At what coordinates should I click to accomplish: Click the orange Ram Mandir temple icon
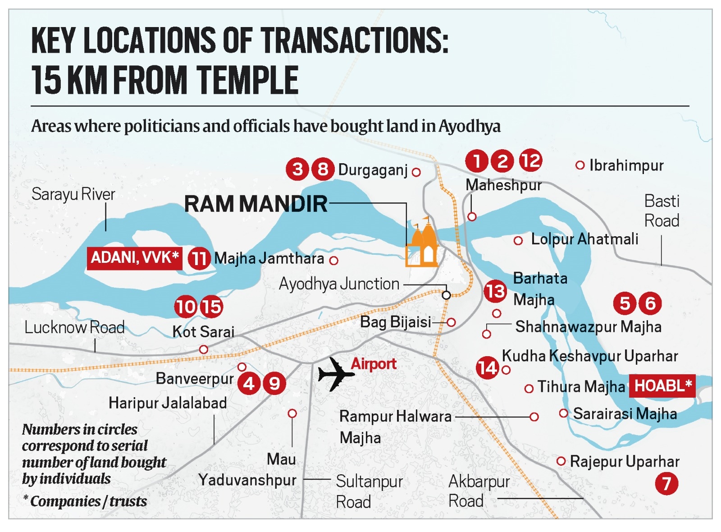pos(422,244)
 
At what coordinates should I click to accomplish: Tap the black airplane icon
pos(335,374)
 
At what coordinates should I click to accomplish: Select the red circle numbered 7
pos(666,484)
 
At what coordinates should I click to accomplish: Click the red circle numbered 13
pos(495,291)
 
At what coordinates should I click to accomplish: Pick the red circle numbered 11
pos(199,258)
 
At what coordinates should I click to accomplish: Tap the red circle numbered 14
pos(488,367)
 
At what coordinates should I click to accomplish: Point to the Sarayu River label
pos(73,194)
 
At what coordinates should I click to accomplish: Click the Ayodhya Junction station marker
pos(446,295)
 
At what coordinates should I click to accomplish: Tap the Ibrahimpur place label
pos(626,165)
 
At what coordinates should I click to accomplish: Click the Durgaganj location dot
pos(416,172)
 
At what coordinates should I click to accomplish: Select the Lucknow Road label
pos(74,327)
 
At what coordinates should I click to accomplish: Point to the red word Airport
pos(374,363)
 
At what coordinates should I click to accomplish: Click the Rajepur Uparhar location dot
pos(561,461)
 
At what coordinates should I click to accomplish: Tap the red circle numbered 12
pos(530,161)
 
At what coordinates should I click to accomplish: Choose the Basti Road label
pos(661,211)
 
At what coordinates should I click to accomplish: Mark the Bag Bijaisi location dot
pos(451,322)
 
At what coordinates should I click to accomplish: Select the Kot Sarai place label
pos(203,332)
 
